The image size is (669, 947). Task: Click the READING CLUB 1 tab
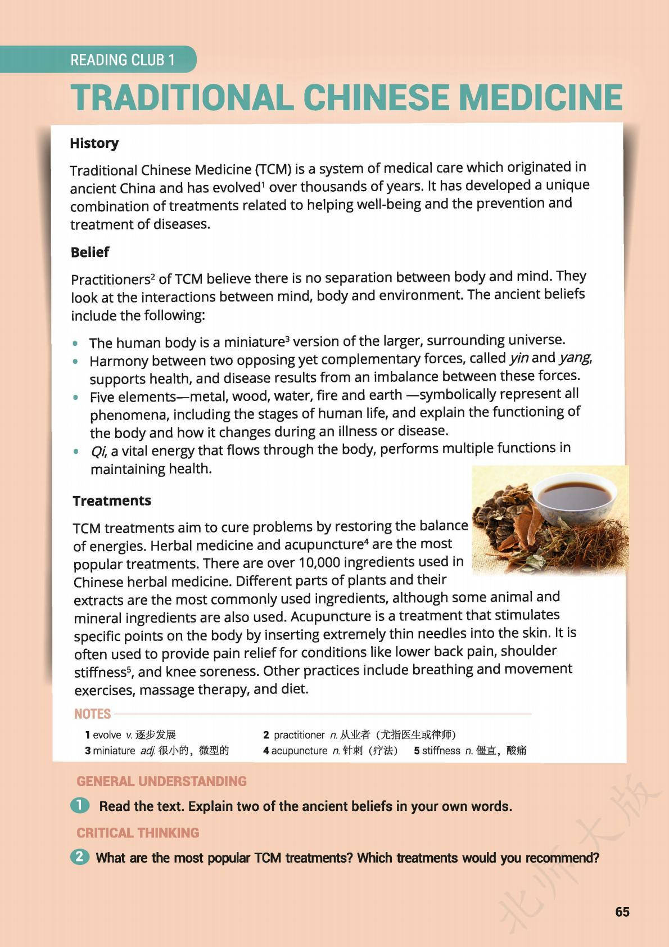click(123, 60)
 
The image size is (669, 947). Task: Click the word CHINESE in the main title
click(377, 98)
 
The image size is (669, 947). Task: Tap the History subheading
click(94, 143)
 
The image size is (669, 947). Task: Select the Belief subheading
click(90, 252)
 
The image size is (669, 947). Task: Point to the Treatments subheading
click(112, 500)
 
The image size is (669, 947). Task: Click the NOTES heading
click(92, 714)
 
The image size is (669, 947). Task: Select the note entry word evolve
click(107, 734)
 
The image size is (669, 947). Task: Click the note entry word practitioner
click(299, 734)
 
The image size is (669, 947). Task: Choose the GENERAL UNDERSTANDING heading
click(161, 781)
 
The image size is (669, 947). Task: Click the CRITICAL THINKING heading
click(138, 833)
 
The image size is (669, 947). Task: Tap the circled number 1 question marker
click(80, 805)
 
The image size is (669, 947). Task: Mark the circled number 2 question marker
click(80, 857)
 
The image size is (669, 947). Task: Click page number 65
click(622, 912)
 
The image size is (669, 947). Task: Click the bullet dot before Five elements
click(76, 397)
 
